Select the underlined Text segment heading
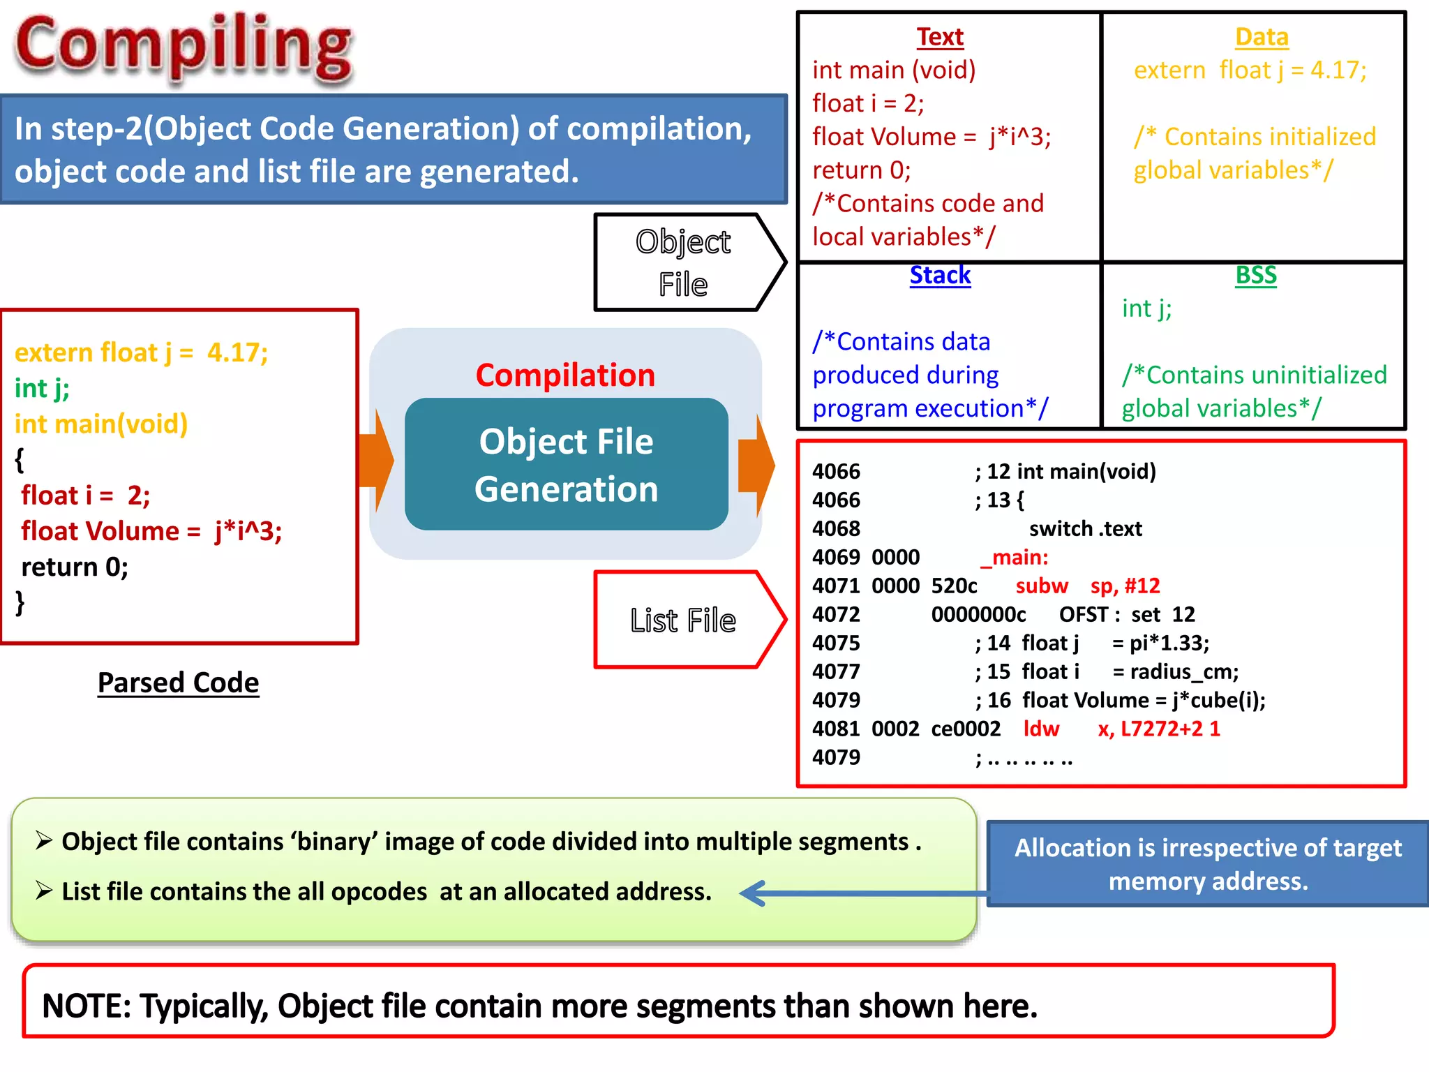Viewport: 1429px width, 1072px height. [939, 37]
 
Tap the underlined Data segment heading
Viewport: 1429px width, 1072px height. [1261, 37]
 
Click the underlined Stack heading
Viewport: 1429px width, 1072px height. [939, 275]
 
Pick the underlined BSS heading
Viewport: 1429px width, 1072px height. [1255, 275]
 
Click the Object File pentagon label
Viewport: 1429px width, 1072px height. [682, 262]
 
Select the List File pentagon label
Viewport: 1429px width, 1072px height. [682, 620]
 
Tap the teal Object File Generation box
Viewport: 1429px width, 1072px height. [566, 465]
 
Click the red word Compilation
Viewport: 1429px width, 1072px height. [565, 375]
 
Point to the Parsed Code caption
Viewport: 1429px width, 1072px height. [178, 683]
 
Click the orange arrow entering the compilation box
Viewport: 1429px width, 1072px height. [377, 461]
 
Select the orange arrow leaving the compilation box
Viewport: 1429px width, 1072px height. [757, 465]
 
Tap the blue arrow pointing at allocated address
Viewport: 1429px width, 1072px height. [858, 893]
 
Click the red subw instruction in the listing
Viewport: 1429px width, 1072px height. [1041, 586]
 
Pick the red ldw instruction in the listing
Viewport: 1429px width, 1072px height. [1040, 729]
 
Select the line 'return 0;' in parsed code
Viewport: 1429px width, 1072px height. [75, 567]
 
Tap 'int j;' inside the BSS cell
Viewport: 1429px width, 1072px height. [1146, 308]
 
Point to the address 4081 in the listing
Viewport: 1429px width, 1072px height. [836, 729]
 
